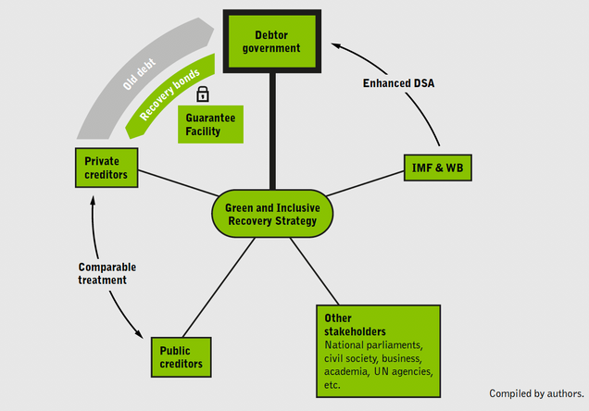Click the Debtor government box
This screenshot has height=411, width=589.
272,42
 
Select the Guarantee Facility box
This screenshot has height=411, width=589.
210,124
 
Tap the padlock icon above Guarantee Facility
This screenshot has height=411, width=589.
203,94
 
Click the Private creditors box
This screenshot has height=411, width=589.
107,168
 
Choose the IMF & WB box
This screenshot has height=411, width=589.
438,168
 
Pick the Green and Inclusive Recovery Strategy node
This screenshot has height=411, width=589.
272,214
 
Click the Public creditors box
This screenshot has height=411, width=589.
182,357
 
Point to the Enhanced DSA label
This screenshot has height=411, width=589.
398,83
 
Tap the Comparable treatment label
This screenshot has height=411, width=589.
107,274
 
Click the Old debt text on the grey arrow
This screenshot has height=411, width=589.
139,74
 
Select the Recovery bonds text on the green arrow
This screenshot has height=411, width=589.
169,94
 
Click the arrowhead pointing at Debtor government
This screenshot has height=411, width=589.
335,45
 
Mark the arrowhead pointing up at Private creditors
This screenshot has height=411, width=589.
93,200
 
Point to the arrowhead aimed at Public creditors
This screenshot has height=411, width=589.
139,333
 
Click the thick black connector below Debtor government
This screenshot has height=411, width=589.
272,131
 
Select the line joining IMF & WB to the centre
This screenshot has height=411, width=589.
366,183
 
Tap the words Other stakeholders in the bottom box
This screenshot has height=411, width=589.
355,325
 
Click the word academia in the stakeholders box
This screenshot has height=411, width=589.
346,371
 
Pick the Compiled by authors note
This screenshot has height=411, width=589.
536,393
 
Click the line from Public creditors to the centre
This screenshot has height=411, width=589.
219,288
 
